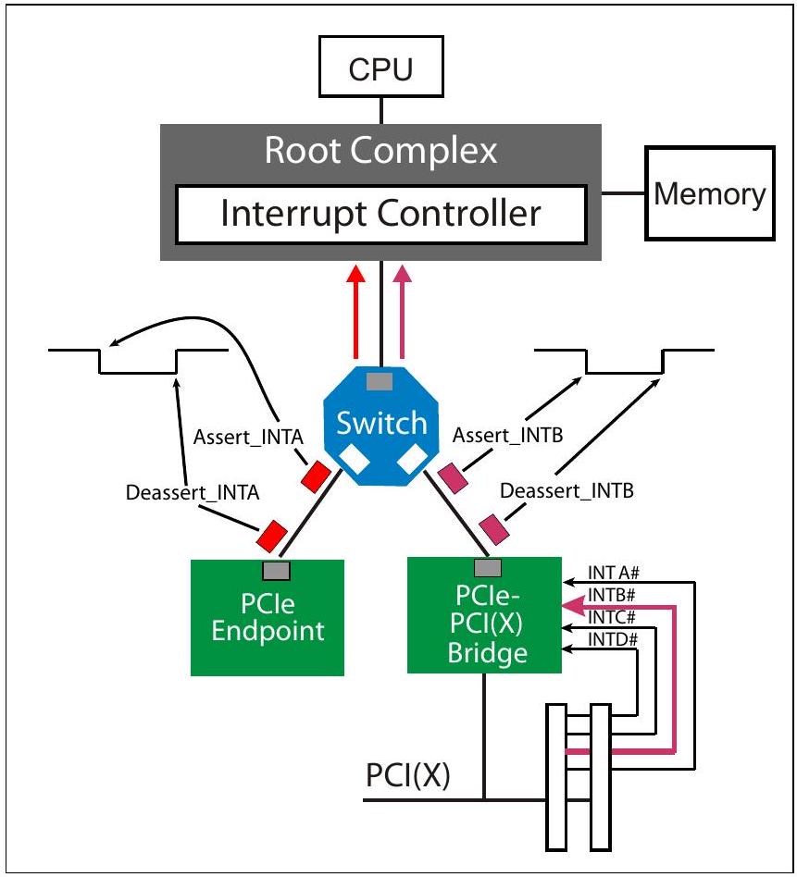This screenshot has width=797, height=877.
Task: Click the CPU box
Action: [x=381, y=67]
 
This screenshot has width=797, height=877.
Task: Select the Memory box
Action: [x=710, y=193]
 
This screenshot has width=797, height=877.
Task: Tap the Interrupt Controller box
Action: [x=381, y=215]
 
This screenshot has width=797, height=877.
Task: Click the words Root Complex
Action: [x=381, y=150]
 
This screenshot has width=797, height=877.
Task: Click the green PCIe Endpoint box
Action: [x=268, y=617]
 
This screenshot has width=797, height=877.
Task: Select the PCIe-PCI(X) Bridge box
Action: [x=484, y=615]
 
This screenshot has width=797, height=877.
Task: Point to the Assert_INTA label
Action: [x=248, y=437]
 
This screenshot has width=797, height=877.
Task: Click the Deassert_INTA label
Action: [x=193, y=492]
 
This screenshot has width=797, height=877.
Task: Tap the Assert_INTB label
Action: [x=507, y=435]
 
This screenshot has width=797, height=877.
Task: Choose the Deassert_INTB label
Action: [x=567, y=490]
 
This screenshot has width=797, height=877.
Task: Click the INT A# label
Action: [x=614, y=573]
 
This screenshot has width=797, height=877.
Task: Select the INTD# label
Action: [x=613, y=638]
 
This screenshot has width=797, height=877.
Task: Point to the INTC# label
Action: [x=612, y=617]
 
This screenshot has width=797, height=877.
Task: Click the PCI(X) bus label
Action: [x=408, y=775]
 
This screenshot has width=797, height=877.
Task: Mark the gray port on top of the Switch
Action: [x=380, y=381]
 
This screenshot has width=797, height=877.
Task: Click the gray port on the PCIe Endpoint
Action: [x=277, y=571]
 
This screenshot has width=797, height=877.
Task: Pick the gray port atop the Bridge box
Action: [x=488, y=568]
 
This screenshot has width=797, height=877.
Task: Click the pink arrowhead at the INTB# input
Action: [x=571, y=605]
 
